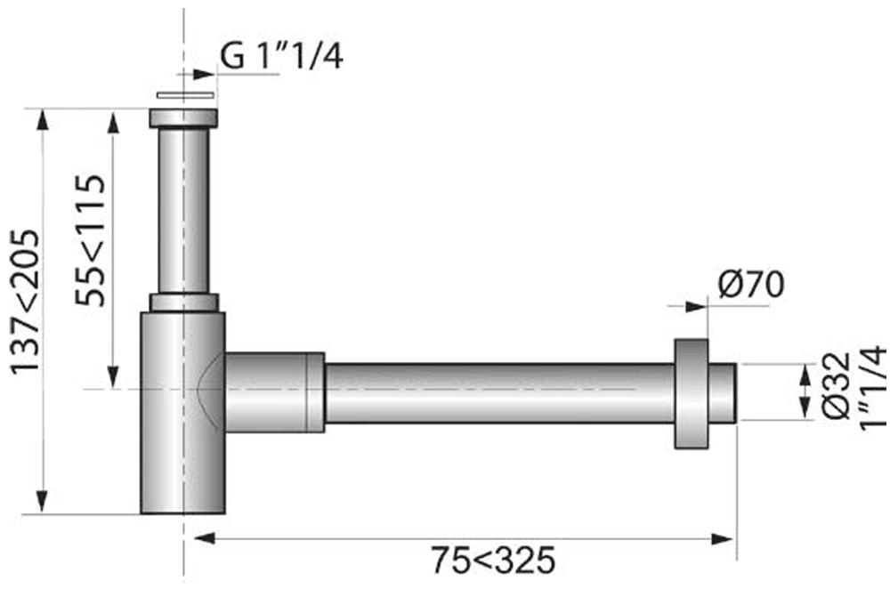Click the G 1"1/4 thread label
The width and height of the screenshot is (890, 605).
click(x=280, y=57)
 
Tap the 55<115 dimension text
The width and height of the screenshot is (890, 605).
click(x=91, y=240)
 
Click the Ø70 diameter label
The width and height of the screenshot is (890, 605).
click(x=750, y=286)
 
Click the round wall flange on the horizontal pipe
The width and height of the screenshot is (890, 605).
click(x=691, y=392)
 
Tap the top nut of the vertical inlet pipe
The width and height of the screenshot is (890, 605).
click(x=183, y=117)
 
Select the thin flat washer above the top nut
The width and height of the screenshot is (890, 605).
click(x=185, y=94)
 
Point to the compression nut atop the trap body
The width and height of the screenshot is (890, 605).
click(x=183, y=302)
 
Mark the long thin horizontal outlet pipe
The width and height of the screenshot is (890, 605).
click(x=498, y=392)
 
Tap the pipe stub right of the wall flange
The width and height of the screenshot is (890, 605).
click(x=723, y=392)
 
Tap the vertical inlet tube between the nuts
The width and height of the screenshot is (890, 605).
click(x=183, y=209)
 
